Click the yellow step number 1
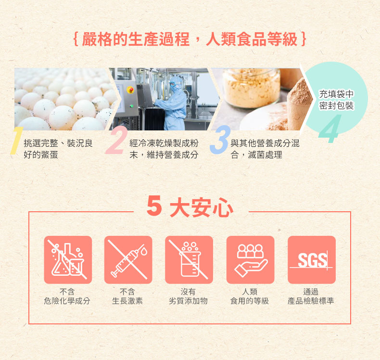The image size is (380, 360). (x=16, y=141)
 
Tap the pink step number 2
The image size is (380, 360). (x=116, y=141)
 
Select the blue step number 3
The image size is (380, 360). (x=220, y=140)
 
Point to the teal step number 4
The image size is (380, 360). (x=330, y=129)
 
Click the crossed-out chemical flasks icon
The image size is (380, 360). (x=68, y=259)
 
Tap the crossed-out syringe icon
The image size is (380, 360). (x=128, y=259)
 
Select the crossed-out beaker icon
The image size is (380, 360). (x=189, y=259)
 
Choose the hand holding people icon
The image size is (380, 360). (x=250, y=259)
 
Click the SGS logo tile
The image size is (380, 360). (x=312, y=259)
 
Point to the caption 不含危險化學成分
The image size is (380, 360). (x=67, y=296)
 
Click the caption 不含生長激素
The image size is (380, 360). (x=127, y=296)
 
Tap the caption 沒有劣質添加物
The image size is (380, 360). (x=188, y=296)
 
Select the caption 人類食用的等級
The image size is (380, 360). (x=250, y=296)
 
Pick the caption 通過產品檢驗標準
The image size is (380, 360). (x=311, y=296)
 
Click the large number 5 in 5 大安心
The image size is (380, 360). (x=154, y=206)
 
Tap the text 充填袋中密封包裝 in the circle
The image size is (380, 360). (x=336, y=100)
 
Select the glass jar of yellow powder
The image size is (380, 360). (x=252, y=87)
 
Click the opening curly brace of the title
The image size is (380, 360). (x=76, y=39)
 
